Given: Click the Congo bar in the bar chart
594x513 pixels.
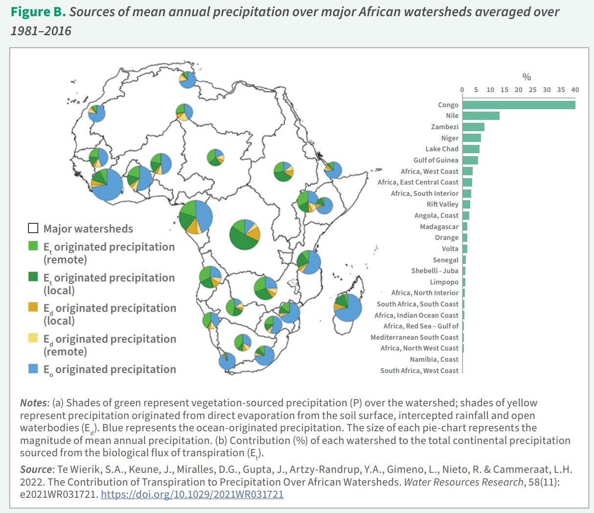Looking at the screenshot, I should tap(519, 105).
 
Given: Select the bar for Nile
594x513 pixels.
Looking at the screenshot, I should tap(480, 116).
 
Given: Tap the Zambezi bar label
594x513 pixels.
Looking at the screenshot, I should tap(444, 127).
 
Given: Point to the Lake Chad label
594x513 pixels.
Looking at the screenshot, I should tap(442, 149).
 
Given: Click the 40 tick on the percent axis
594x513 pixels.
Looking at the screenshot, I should tap(575, 90).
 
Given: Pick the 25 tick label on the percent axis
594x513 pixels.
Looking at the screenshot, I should tap(532, 90).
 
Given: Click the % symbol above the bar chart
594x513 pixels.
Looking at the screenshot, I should tap(526, 77).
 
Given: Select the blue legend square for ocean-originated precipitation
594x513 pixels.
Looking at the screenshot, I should tap(33, 369).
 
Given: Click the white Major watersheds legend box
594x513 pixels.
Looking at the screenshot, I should tap(33, 228).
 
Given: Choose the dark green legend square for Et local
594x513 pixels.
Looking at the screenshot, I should tap(33, 277).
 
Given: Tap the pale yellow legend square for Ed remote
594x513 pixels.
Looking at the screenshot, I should tap(33, 338).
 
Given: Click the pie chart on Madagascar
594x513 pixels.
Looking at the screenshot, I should tap(347, 307).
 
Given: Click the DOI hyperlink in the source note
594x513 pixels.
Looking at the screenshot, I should tap(192, 494).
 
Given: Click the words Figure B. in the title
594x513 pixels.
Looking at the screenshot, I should tap(38, 12).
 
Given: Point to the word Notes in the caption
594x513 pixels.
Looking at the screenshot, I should tap(33, 403).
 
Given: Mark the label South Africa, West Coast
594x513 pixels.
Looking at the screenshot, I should tap(419, 371).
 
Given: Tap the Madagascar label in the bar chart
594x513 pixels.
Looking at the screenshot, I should tap(439, 227).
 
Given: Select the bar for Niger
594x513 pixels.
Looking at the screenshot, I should tap(471, 138).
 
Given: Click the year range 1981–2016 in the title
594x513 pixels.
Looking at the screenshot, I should tap(41, 31).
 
